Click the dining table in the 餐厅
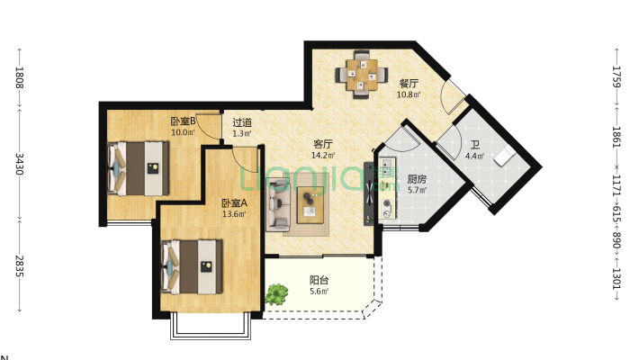pyautogui.click(x=362, y=75)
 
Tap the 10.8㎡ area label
pyautogui.click(x=409, y=94)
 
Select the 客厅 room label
pyautogui.click(x=323, y=144)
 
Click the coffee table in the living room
pyautogui.click(x=310, y=205)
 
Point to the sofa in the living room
pyautogui.click(x=278, y=205)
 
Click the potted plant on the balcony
pyautogui.click(x=276, y=294)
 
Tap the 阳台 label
pyautogui.click(x=319, y=280)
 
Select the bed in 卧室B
pyautogui.click(x=139, y=168)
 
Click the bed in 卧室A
pyautogui.click(x=192, y=266)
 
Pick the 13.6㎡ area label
pyautogui.click(x=234, y=213)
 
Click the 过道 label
pyautogui.click(x=242, y=122)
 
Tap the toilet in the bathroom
pyautogui.click(x=505, y=157)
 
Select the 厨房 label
pyautogui.click(x=417, y=179)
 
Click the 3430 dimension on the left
pyautogui.click(x=19, y=164)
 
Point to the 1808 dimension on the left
pyautogui.click(x=19, y=77)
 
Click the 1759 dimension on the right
pyautogui.click(x=616, y=76)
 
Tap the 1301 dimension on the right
pyautogui.click(x=616, y=278)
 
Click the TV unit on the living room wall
pyautogui.click(x=369, y=193)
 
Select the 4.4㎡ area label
pyautogui.click(x=475, y=156)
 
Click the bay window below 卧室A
pyautogui.click(x=211, y=326)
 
